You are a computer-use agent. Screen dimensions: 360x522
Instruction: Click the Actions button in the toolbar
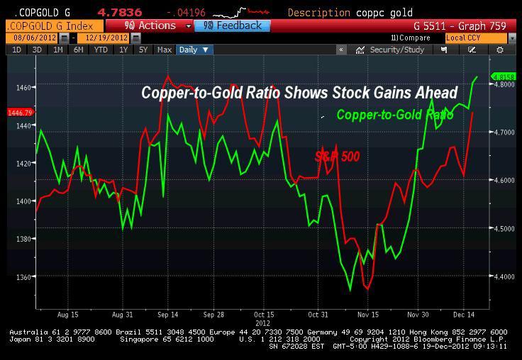pos(150,26)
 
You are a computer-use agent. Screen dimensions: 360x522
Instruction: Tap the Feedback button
pos(232,26)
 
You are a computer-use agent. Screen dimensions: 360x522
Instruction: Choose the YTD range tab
pos(101,50)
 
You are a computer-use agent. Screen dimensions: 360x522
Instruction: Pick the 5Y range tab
pos(143,50)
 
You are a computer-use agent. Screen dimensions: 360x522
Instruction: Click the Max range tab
pos(165,50)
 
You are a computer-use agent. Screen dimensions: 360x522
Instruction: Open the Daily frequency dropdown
pos(194,50)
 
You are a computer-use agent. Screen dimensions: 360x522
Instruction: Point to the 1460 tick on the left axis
pos(23,87)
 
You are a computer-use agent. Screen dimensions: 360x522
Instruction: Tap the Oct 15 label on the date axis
pos(263,313)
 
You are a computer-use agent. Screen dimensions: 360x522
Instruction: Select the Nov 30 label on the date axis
pos(418,313)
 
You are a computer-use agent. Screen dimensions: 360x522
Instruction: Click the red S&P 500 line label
pos(337,157)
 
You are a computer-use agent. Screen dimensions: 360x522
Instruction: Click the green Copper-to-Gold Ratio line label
pos(394,115)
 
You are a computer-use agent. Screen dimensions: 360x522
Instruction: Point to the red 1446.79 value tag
pos(20,113)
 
